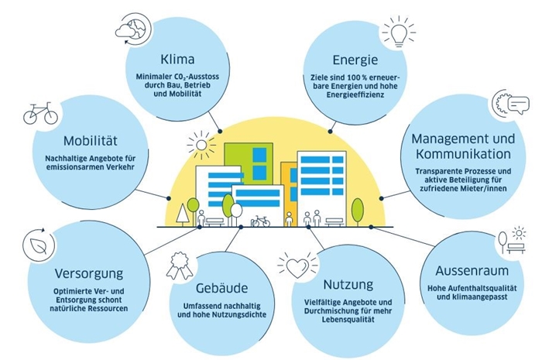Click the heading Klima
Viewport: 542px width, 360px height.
point(177,59)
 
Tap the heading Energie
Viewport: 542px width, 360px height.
point(355,60)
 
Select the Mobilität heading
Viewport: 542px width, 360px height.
point(91,141)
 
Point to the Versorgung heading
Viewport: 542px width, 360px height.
point(89,273)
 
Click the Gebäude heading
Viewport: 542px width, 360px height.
point(221,288)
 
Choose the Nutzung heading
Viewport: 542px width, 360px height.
point(348,285)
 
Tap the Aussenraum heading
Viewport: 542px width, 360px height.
point(472,270)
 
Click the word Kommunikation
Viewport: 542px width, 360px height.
point(463,154)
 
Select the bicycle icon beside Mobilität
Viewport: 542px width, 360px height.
point(40,113)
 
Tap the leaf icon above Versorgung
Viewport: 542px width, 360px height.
point(39,245)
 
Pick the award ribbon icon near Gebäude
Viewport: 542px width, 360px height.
point(180,266)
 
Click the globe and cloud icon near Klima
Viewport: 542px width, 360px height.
point(133,29)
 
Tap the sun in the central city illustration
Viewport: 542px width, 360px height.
point(201,145)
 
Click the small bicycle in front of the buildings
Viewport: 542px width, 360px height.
point(260,221)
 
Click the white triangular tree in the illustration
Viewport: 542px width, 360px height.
point(182,214)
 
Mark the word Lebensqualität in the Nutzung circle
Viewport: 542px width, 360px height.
point(348,320)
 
